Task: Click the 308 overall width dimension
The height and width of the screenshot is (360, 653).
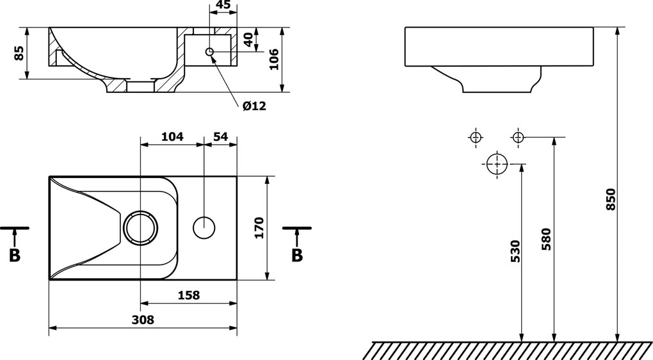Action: pyautogui.click(x=143, y=320)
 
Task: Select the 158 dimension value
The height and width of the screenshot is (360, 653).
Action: pyautogui.click(x=189, y=295)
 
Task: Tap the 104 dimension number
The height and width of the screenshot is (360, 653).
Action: pyautogui.click(x=172, y=136)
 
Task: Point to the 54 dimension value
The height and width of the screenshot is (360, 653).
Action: pyautogui.click(x=220, y=136)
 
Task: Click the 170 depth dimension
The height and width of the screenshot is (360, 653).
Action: pyautogui.click(x=259, y=227)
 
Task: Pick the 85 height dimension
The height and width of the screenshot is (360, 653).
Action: pyautogui.click(x=19, y=53)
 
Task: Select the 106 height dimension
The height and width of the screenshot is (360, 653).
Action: pyautogui.click(x=273, y=60)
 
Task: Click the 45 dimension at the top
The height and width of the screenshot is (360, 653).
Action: pyautogui.click(x=223, y=4)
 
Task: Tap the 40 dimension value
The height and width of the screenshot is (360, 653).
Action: pyautogui.click(x=248, y=40)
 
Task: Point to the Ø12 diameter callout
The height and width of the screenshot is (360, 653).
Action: pyautogui.click(x=254, y=106)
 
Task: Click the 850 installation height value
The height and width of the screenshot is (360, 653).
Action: pyautogui.click(x=610, y=199)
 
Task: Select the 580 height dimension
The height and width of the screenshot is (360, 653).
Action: pyautogui.click(x=546, y=239)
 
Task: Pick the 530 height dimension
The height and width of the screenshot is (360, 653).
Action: pyautogui.click(x=515, y=251)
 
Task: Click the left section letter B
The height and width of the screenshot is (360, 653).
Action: pyautogui.click(x=15, y=256)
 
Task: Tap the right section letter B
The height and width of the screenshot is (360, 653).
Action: pyautogui.click(x=297, y=256)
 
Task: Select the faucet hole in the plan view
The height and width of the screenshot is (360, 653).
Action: pyautogui.click(x=204, y=228)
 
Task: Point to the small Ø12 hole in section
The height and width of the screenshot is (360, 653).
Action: pyautogui.click(x=209, y=52)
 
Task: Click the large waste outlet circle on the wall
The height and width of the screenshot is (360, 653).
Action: pyautogui.click(x=497, y=164)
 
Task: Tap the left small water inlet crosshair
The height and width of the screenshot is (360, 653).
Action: pyautogui.click(x=476, y=137)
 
